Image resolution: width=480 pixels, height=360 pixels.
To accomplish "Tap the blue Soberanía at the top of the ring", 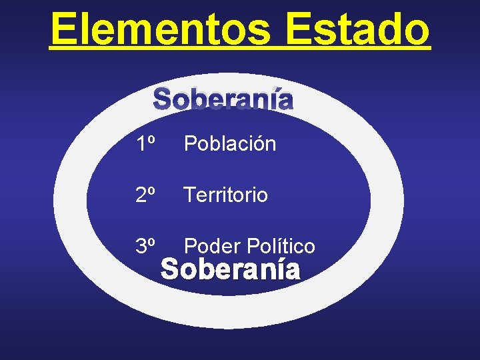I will pos(223,100).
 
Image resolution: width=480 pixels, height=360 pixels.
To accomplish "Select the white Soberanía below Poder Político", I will pos(231,270).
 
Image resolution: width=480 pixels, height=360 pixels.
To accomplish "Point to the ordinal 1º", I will pos(145,143).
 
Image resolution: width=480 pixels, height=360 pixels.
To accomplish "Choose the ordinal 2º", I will pos(145,195).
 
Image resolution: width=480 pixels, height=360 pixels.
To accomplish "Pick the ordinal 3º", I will pos(145,246).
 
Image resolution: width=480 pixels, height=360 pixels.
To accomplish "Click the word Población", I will pos(230,143).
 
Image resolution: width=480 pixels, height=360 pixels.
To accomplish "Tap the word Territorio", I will pos(226,195).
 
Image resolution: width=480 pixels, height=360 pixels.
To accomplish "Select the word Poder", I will pos(212,246).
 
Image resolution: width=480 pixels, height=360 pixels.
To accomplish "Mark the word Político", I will pos(281,246).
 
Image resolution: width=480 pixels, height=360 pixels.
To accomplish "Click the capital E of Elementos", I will pos(65,29).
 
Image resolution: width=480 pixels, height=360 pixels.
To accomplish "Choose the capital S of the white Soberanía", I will pos(171,270).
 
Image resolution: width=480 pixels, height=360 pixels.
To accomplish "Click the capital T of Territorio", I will pos(190,195).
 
